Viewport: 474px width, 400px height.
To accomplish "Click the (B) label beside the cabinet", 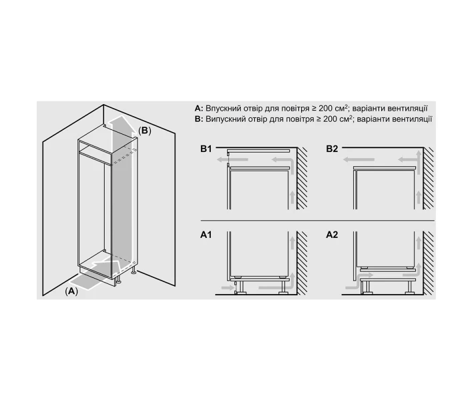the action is [x=144, y=131].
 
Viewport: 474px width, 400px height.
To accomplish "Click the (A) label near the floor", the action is [x=71, y=291].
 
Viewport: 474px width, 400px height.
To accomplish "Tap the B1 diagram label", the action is [x=206, y=149].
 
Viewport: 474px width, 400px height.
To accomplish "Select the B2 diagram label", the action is [x=332, y=149].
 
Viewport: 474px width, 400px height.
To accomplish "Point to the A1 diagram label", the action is [x=206, y=235].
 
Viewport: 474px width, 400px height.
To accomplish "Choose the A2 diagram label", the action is [x=332, y=235].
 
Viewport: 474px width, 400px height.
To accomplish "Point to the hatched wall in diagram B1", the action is [x=302, y=178].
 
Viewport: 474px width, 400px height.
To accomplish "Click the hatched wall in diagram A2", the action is [x=428, y=263].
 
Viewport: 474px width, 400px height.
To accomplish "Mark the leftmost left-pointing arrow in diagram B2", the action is [x=359, y=160].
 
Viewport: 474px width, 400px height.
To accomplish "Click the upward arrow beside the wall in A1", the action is [x=292, y=243].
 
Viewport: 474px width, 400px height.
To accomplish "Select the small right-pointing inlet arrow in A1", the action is [x=228, y=288].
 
